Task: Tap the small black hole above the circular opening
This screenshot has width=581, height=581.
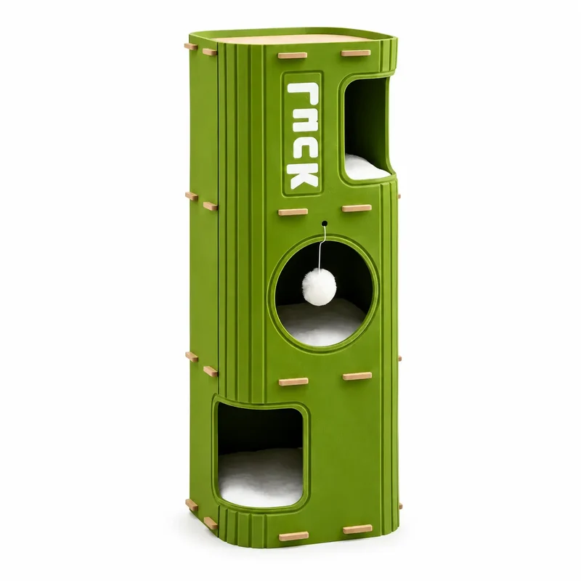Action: click(325, 224)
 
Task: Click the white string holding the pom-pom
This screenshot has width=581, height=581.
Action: click(324, 248)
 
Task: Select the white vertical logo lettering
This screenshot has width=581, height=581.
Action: click(303, 134)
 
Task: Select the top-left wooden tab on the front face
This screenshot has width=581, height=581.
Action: click(293, 56)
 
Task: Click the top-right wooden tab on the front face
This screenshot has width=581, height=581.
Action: click(356, 53)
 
